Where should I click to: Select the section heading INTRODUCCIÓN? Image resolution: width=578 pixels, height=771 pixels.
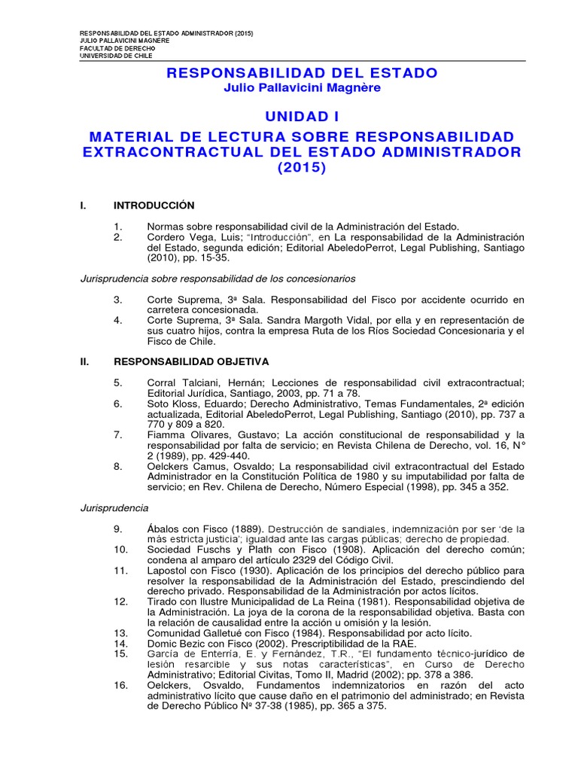(154, 206)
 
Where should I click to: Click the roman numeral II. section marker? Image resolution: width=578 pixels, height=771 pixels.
(85, 361)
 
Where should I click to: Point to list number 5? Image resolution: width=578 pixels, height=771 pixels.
(118, 382)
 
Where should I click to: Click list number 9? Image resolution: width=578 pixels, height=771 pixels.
(118, 529)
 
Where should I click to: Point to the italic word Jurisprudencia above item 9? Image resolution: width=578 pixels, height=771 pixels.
(114, 508)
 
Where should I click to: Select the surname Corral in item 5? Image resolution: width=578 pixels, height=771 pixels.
(164, 382)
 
